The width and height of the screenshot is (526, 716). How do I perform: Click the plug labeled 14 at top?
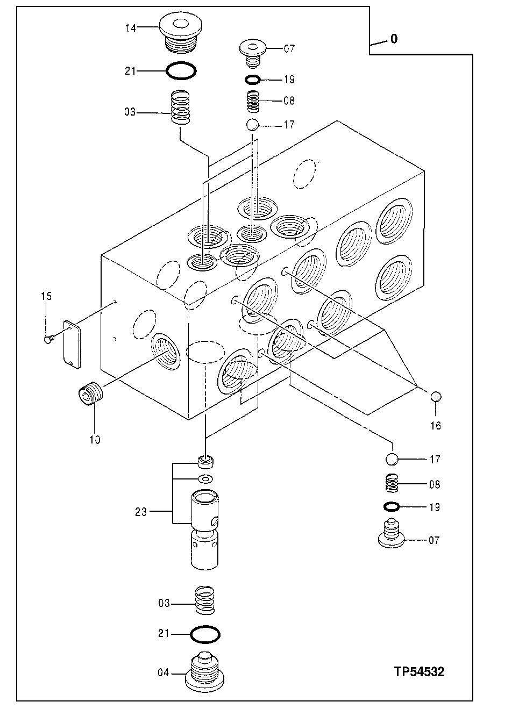tap(180, 33)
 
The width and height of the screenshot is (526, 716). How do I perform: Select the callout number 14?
tap(131, 28)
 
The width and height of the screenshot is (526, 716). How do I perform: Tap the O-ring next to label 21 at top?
tap(181, 70)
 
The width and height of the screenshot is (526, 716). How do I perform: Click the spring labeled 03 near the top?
tap(182, 108)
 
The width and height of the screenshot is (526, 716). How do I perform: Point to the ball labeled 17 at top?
tap(253, 125)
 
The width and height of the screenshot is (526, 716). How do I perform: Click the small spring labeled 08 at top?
tap(253, 101)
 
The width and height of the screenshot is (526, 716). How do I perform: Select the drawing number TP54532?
tap(419, 671)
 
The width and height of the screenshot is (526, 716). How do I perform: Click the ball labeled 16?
tap(436, 397)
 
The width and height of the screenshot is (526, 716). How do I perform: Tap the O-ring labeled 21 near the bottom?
tap(205, 634)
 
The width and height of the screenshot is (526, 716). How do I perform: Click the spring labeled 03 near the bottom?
tap(205, 599)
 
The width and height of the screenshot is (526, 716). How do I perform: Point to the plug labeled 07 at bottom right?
tap(393, 534)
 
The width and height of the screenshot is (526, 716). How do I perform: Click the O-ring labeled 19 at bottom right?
tap(392, 507)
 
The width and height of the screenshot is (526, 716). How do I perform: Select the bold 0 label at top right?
tap(394, 39)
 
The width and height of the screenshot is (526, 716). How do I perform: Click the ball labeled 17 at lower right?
tap(393, 460)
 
